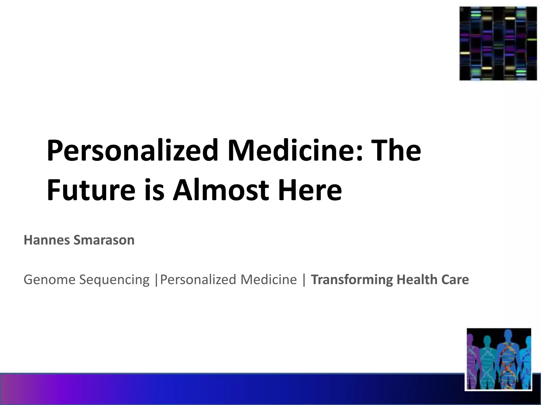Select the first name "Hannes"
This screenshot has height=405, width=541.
click(47, 240)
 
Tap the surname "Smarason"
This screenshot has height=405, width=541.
click(104, 240)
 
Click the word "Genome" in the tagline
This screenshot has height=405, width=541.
click(50, 279)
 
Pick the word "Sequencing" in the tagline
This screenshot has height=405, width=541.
click(114, 280)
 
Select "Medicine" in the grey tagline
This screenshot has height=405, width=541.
click(269, 279)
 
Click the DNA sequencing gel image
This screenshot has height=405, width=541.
click(498, 44)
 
